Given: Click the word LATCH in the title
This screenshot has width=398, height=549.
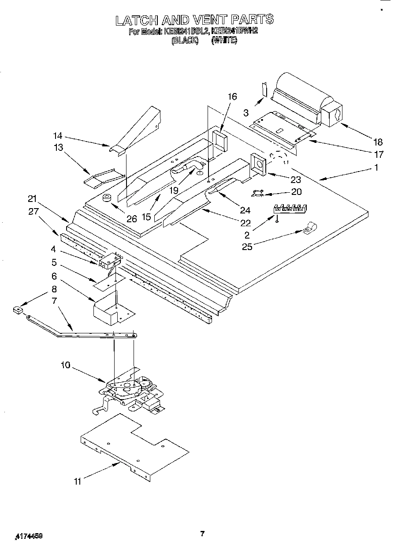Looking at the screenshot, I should pyautogui.click(x=135, y=20).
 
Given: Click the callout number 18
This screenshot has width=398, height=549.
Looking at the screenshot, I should pyautogui.click(x=378, y=142).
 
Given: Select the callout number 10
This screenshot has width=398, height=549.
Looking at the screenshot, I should pyautogui.click(x=65, y=365).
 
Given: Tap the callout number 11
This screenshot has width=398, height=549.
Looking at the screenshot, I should pyautogui.click(x=78, y=482).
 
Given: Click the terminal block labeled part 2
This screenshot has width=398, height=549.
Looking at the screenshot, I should pyautogui.click(x=291, y=208).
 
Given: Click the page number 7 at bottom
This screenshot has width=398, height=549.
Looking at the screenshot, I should pyautogui.click(x=202, y=534).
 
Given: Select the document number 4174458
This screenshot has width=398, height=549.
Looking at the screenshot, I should pyautogui.click(x=29, y=536).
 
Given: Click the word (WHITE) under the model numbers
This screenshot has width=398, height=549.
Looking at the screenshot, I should pyautogui.click(x=224, y=40).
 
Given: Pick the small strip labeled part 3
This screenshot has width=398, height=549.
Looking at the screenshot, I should pyautogui.click(x=264, y=89).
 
